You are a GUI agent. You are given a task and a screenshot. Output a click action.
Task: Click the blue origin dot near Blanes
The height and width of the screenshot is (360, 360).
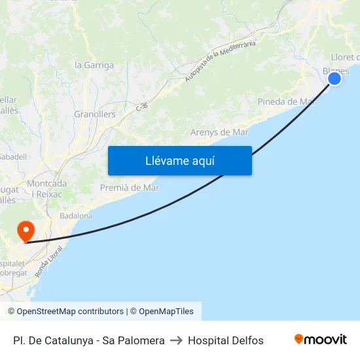tap(334, 79)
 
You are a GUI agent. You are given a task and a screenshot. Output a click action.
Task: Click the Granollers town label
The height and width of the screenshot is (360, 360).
tap(94, 114)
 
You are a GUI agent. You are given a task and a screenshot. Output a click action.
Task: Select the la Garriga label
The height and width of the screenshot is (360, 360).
tap(94, 65)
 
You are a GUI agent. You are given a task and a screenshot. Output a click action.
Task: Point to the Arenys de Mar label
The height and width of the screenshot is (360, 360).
tap(219, 132)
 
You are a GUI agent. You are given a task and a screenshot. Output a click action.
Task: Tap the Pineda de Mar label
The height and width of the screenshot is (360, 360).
tap(286, 101)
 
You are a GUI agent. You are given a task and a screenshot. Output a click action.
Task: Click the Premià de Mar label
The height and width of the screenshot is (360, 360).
tap(130, 188)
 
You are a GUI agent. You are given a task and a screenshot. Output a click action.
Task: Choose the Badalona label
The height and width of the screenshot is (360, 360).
tap(76, 215)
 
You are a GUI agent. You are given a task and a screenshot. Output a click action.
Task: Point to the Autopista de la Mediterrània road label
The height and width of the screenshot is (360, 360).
tap(219, 62)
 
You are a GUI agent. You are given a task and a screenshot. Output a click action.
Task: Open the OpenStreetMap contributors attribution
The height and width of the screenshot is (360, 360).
tap(65, 312)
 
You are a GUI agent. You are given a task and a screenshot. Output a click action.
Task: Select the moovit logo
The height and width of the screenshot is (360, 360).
tap(321, 340)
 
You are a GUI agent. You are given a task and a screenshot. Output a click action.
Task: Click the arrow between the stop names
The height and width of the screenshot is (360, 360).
tap(176, 340)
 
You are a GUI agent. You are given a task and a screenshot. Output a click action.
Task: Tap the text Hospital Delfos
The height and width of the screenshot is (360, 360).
tap(226, 340)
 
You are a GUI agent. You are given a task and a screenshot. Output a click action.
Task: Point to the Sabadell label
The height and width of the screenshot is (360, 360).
tap(13, 157)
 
